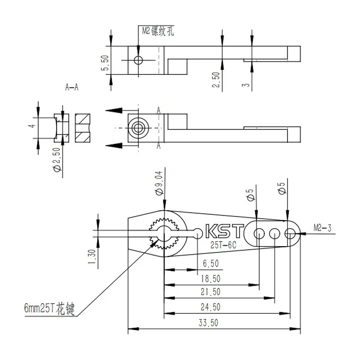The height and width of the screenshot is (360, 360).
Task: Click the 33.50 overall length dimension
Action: point(208,323)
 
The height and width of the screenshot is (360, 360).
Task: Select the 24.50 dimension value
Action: point(210,307)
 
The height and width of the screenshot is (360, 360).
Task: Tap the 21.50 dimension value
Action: point(210,292)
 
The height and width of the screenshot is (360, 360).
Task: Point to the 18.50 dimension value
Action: point(210,279)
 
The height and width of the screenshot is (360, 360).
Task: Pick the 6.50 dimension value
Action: point(211,263)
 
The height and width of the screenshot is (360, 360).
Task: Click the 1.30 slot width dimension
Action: point(92,256)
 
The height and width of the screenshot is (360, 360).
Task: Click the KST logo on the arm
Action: point(224,231)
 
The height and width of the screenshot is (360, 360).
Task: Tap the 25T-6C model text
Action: point(223,245)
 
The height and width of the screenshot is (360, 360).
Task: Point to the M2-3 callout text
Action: point(322,228)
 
